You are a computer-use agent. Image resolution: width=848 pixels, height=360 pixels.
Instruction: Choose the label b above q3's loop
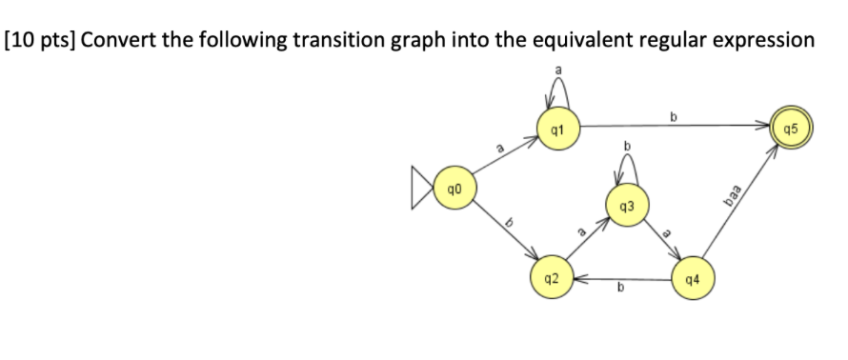(x=627, y=145)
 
